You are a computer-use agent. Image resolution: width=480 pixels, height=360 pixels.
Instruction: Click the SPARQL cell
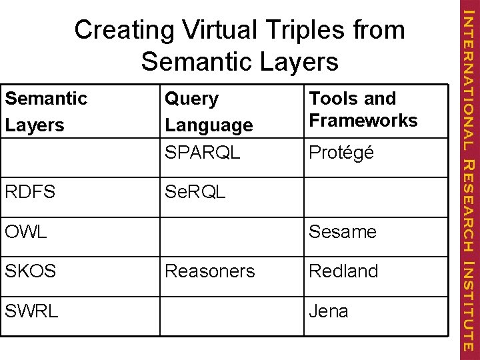[203, 152]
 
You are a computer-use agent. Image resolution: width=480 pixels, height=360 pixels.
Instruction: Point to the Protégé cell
[341, 153]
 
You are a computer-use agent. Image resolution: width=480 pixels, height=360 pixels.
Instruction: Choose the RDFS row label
[30, 192]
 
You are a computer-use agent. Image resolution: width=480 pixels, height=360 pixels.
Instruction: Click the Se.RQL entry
[195, 192]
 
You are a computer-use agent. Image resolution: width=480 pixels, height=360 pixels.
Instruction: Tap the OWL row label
[26, 232]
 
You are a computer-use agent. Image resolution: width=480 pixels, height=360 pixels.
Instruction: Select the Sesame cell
[343, 232]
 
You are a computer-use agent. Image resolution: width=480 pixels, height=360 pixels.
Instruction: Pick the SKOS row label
[30, 271]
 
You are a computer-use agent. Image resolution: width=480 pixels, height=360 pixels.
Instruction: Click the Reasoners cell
[210, 271]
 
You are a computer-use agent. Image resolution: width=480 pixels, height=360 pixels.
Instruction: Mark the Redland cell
[343, 271]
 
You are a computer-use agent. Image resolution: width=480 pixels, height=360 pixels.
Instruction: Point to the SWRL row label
[31, 311]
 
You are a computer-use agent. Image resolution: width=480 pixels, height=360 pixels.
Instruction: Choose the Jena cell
[329, 311]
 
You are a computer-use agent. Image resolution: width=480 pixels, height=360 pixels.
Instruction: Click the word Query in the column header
[192, 99]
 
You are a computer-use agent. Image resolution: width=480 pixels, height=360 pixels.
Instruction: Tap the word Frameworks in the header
[363, 121]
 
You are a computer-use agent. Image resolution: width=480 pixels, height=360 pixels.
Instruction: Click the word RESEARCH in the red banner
[469, 207]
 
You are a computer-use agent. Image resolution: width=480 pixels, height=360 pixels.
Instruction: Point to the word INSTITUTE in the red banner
[469, 306]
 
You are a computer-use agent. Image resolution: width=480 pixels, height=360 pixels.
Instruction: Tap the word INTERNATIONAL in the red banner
[469, 81]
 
